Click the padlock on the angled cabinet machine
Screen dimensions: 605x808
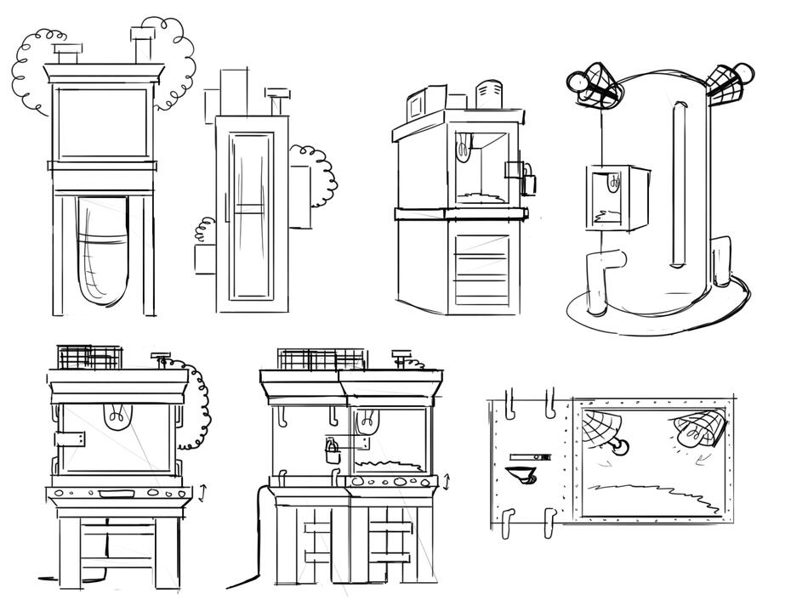pyautogui.click(x=529, y=182)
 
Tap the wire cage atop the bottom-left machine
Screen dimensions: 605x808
pyautogui.click(x=88, y=357)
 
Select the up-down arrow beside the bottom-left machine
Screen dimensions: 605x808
pyautogui.click(x=202, y=492)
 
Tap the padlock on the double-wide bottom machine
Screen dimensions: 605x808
pyautogui.click(x=333, y=451)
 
